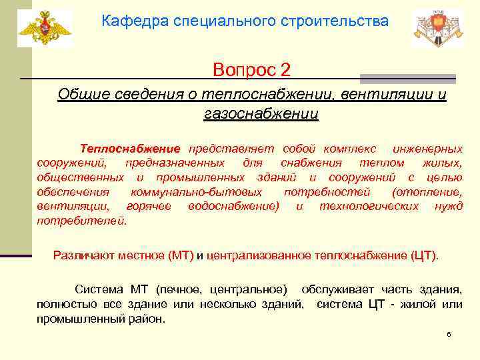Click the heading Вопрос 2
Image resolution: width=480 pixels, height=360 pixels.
coord(251,69)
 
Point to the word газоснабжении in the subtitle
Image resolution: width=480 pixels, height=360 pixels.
coord(261,114)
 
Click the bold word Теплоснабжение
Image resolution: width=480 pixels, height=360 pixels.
coord(130,147)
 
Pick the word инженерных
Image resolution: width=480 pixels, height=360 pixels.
coord(427,147)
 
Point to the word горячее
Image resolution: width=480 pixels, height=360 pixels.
coord(148,206)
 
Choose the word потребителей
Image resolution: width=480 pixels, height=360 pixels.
coord(81,221)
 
